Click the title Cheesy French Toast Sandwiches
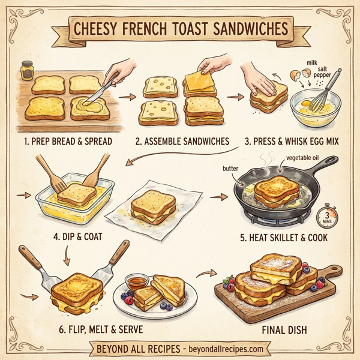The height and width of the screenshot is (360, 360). [x=180, y=29]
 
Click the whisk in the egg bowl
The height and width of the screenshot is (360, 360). [x=326, y=90]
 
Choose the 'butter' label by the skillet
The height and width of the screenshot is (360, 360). [x=231, y=169]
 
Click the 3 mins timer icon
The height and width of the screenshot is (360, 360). [x=328, y=216]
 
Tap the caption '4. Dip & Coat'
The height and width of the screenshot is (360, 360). [x=77, y=236]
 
